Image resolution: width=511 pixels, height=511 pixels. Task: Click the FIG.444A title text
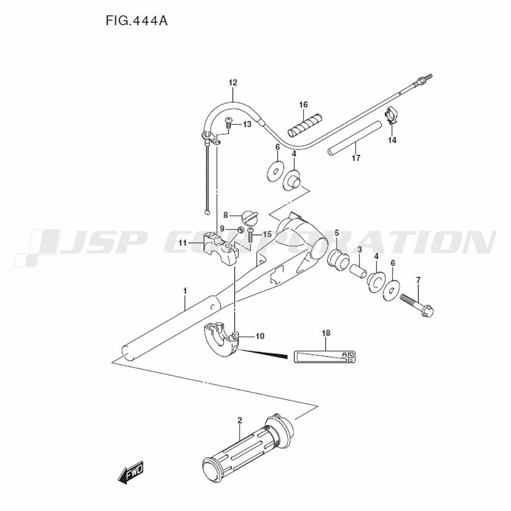click(x=136, y=21)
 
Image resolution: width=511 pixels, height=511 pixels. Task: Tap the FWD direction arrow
click(x=130, y=472)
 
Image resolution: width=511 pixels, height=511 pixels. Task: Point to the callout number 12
click(x=233, y=82)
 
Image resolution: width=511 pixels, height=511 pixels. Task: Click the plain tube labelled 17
click(x=355, y=138)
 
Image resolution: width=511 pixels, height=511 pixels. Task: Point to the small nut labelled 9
click(x=240, y=229)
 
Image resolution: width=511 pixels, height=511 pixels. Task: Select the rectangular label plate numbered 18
click(x=324, y=357)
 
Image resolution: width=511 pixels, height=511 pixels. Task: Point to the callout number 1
click(x=185, y=291)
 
